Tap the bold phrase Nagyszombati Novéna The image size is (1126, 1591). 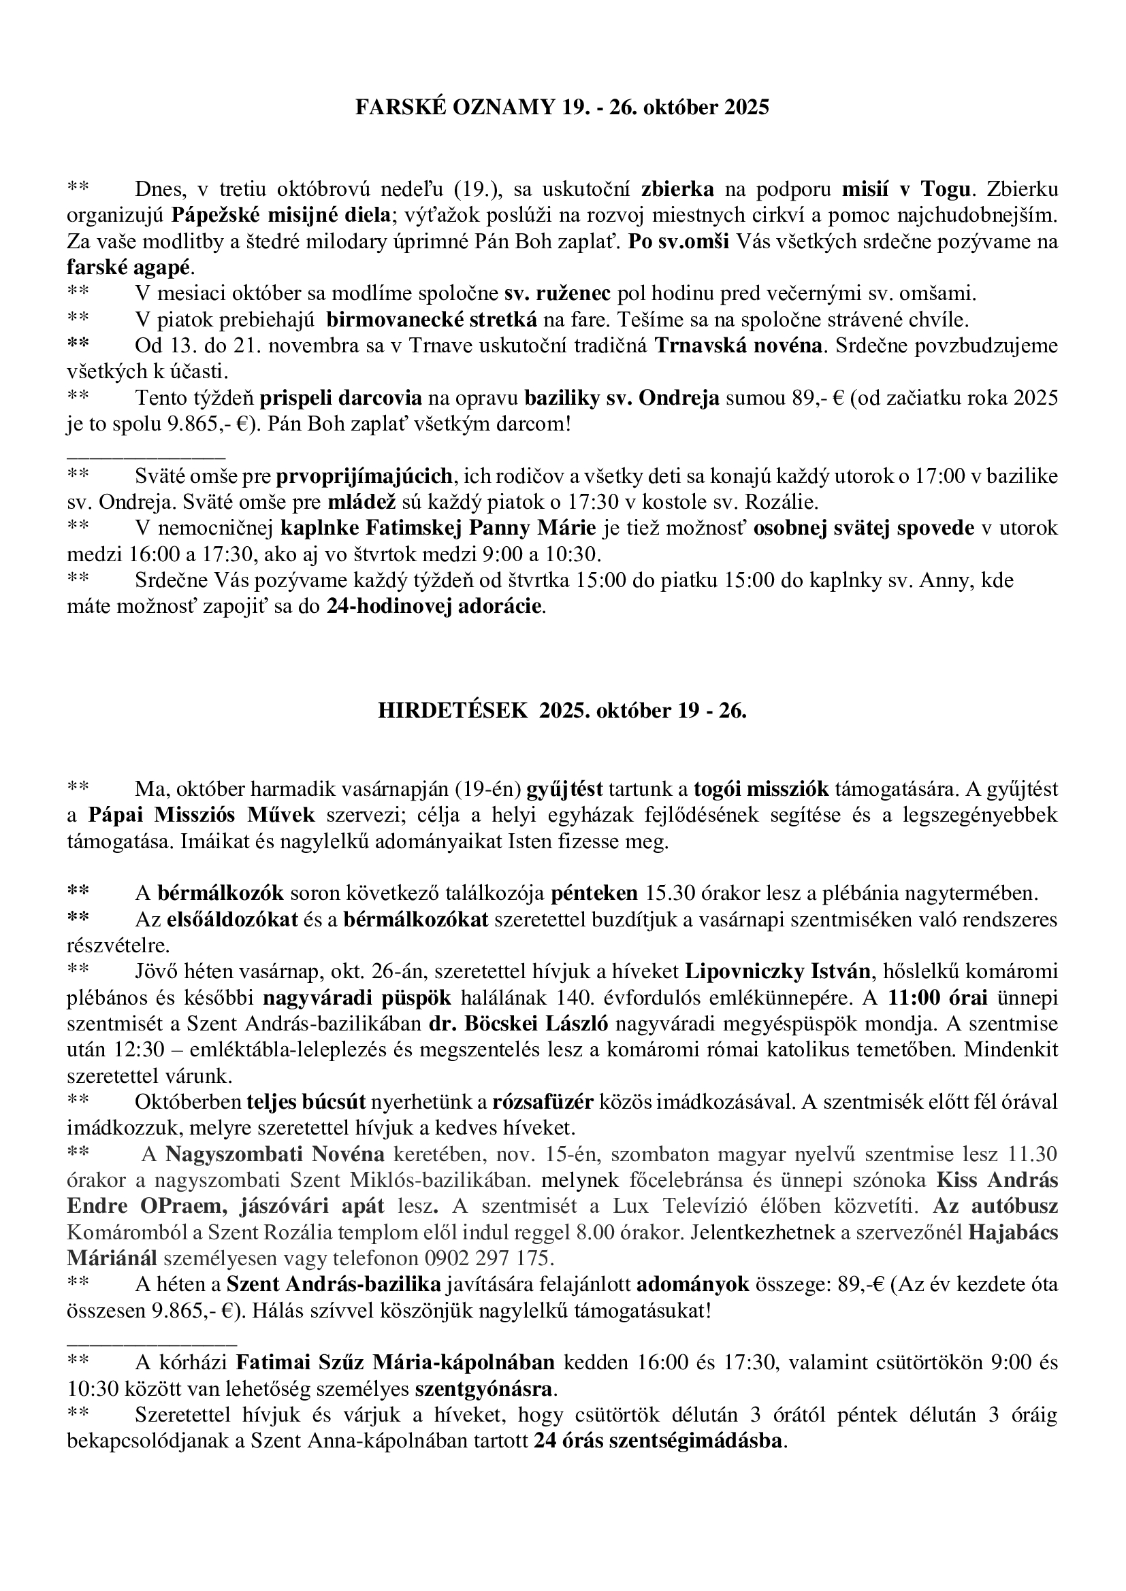click(x=274, y=1154)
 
